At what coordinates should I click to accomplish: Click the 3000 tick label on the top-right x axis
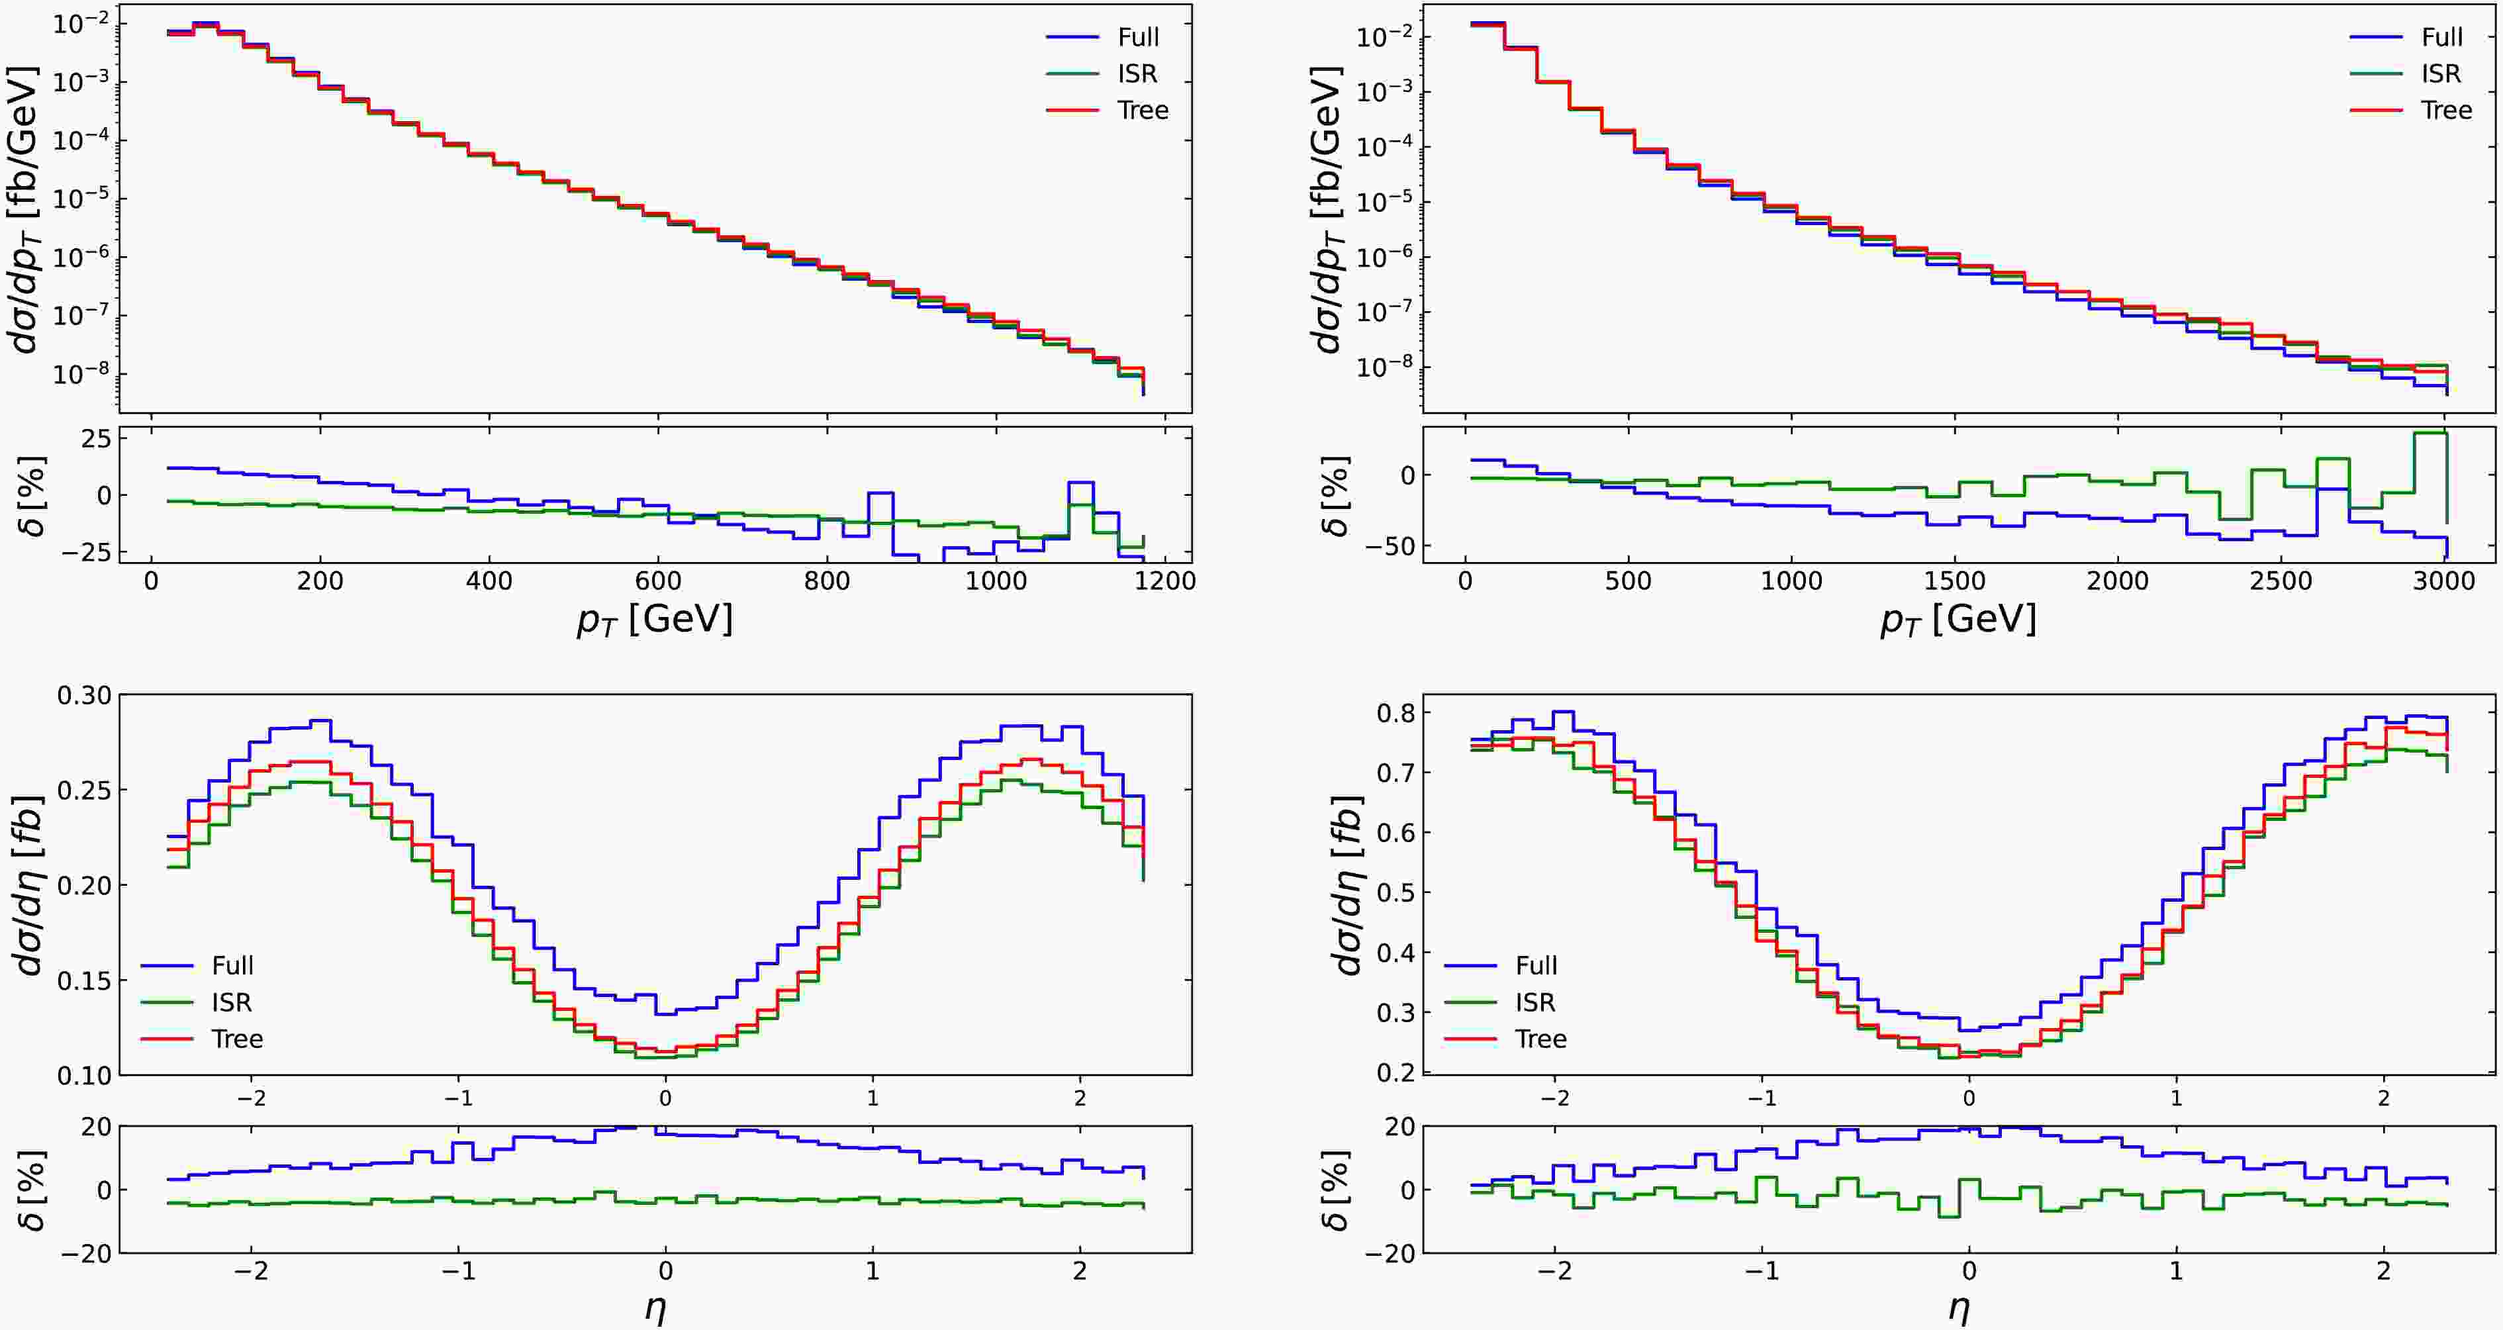pyautogui.click(x=2445, y=581)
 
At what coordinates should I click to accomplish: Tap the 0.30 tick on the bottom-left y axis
pyautogui.click(x=85, y=696)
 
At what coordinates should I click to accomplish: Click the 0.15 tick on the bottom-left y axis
pyautogui.click(x=85, y=980)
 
